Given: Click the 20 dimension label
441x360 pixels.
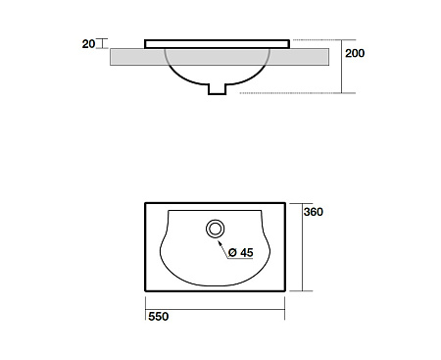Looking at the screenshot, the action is point(88,44).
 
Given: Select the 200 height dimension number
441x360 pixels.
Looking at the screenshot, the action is point(355,53).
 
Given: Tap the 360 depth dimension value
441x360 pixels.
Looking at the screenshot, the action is point(314,212).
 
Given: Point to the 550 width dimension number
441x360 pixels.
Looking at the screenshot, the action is point(159,317).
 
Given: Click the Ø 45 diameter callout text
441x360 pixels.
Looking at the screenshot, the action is point(241,252).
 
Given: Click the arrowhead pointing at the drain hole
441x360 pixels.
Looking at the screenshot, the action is point(220,242).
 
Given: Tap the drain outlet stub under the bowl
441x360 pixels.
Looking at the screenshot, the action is point(218,89).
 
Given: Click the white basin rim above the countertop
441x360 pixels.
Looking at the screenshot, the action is point(217,44).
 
